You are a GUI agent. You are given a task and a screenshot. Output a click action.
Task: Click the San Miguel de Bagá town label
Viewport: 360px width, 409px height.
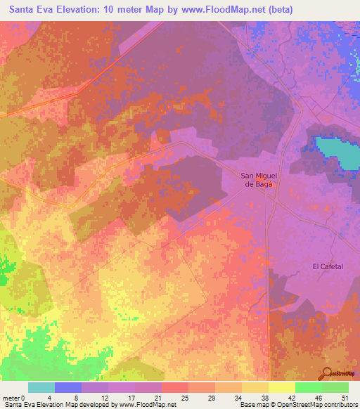pyautogui.click(x=257, y=180)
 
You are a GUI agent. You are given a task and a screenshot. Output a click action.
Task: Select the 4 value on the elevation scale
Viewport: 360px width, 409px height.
pyautogui.click(x=50, y=398)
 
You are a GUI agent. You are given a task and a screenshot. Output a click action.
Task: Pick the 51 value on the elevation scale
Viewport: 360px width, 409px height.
pyautogui.click(x=345, y=398)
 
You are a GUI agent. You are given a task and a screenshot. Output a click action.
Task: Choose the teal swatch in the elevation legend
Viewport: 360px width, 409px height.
pyautogui.click(x=41, y=387)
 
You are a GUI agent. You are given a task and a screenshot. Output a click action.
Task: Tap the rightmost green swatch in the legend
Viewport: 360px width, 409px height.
pyautogui.click(x=335, y=387)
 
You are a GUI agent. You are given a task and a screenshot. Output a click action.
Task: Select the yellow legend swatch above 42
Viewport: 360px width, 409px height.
pyautogui.click(x=281, y=387)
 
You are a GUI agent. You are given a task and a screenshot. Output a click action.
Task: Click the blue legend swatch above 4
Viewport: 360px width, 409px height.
pyautogui.click(x=67, y=387)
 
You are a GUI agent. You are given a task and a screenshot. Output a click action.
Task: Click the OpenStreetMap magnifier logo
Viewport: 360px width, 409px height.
pyautogui.click(x=328, y=374)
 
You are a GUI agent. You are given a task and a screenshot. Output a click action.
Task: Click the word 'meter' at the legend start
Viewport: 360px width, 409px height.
pyautogui.click(x=11, y=398)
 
